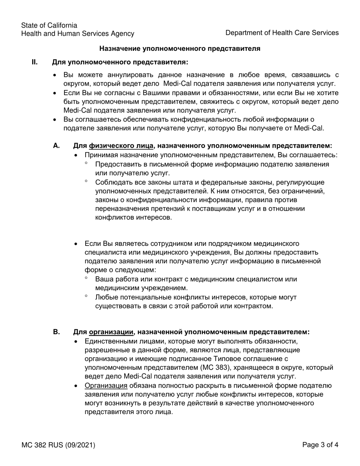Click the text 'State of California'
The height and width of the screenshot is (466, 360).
tap(49, 25)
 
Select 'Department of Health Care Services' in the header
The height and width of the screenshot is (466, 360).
tap(282, 33)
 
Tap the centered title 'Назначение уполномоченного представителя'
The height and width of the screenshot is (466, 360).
tap(180, 48)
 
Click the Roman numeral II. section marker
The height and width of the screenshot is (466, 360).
tap(34, 62)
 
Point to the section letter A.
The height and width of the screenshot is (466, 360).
tap(56, 145)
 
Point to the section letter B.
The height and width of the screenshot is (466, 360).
tap(56, 332)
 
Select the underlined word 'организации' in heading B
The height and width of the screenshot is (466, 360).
tap(111, 332)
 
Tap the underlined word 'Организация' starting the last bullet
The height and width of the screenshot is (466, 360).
tap(106, 386)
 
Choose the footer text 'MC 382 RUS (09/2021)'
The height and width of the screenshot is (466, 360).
tap(58, 445)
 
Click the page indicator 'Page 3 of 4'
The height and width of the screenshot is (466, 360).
tap(320, 445)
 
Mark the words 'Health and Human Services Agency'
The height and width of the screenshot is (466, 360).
tap(78, 34)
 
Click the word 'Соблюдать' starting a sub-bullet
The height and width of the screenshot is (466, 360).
tap(113, 183)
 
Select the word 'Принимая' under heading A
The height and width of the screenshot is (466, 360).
tap(99, 155)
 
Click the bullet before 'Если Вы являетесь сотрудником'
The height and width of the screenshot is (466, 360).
tap(77, 244)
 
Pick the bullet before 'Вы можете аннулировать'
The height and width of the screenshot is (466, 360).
tap(56, 75)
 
